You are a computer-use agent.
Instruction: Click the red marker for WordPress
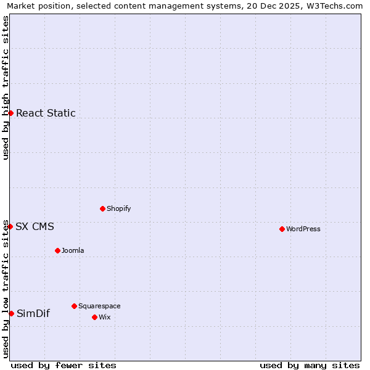tap(282, 229)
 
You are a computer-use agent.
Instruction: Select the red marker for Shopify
tap(102, 208)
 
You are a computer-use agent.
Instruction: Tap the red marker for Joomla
tap(57, 250)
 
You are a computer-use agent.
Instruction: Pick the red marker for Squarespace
tap(74, 306)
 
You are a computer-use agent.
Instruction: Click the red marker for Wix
tap(94, 317)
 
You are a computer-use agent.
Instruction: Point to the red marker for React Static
tap(10, 113)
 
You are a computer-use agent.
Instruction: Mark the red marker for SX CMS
tap(10, 226)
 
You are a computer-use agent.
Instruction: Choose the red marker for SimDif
tap(11, 313)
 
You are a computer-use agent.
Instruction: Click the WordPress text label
tap(303, 229)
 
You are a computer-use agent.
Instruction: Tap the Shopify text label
tap(118, 208)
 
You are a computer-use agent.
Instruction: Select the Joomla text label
tap(73, 250)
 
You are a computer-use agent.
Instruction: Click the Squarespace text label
tap(99, 306)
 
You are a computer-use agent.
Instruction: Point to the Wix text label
tap(104, 317)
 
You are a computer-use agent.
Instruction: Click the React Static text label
tap(46, 113)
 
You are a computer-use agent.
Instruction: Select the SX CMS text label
tap(35, 226)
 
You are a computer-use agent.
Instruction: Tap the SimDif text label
tap(33, 313)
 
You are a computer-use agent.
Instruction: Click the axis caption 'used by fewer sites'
tap(64, 365)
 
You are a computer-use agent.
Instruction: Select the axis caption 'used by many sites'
tap(310, 365)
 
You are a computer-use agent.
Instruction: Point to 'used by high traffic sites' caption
tap(6, 88)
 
